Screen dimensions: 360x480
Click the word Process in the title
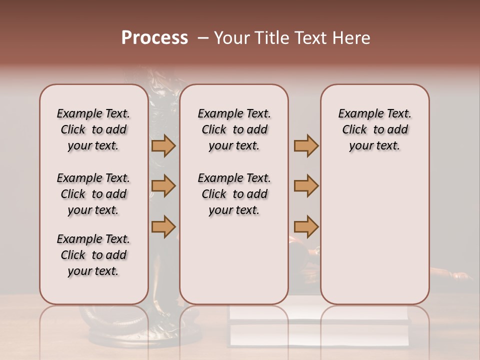coord(154,38)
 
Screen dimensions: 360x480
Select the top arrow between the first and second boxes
coord(163,146)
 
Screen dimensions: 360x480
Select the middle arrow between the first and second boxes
coord(163,186)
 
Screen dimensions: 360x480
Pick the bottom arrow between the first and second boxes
coord(163,226)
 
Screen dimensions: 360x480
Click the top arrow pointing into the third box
coord(306,146)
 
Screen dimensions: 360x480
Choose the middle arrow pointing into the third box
coord(306,186)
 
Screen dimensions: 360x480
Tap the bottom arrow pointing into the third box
coord(306,226)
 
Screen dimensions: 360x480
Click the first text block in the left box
coord(93,129)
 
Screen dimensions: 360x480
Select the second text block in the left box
coord(93,194)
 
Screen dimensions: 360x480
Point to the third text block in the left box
coord(93,255)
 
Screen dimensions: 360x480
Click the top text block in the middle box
coord(234,129)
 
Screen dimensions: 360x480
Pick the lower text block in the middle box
coord(234,194)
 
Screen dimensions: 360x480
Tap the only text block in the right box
coord(374,129)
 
